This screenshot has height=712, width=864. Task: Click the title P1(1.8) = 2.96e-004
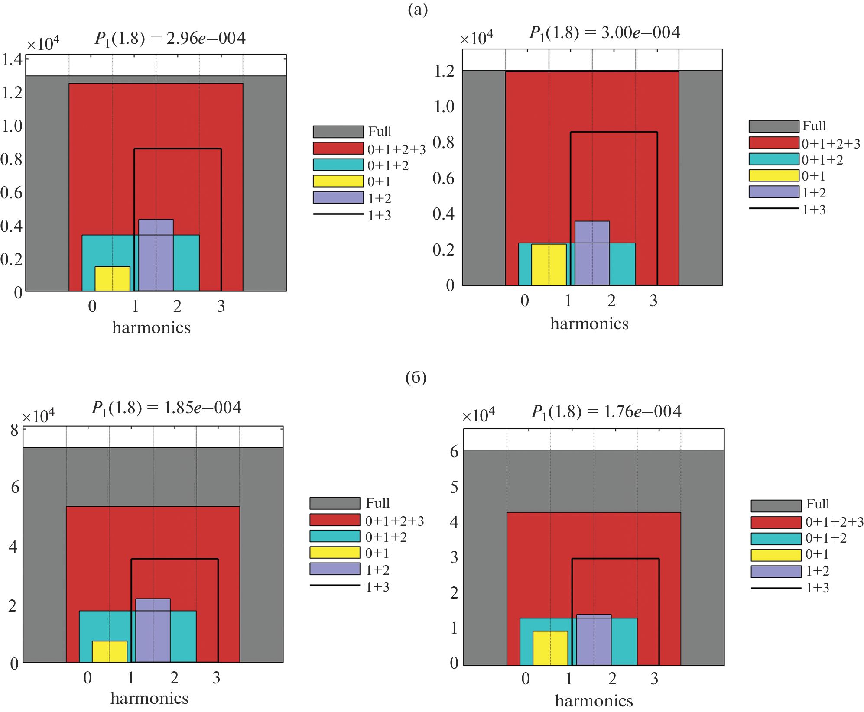[170, 39]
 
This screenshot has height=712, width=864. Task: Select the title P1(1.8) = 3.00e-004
[604, 33]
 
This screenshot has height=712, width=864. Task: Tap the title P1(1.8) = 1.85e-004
[166, 408]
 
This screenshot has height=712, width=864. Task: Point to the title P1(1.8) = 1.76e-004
[606, 411]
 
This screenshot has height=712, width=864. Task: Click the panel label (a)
[418, 10]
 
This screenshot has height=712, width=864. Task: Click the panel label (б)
[416, 378]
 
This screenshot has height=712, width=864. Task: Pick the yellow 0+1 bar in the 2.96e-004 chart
[112, 279]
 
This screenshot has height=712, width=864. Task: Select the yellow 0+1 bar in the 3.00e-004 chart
[549, 265]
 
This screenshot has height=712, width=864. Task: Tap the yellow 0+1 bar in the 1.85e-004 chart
[110, 651]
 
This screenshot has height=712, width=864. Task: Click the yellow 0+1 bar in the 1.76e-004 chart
[550, 648]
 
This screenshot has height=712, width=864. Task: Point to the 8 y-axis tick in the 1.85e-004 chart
[14, 430]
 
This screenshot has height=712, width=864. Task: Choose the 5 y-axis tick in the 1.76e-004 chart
[454, 487]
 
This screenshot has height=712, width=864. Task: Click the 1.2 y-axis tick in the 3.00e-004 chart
[444, 71]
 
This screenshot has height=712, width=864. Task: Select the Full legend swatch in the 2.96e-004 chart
[338, 132]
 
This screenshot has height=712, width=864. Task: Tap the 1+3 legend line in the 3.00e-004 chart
[774, 209]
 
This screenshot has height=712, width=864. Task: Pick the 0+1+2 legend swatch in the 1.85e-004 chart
[335, 536]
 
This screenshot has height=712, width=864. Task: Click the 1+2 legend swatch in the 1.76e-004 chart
[776, 572]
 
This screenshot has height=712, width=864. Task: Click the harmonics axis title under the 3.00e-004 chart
[589, 324]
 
